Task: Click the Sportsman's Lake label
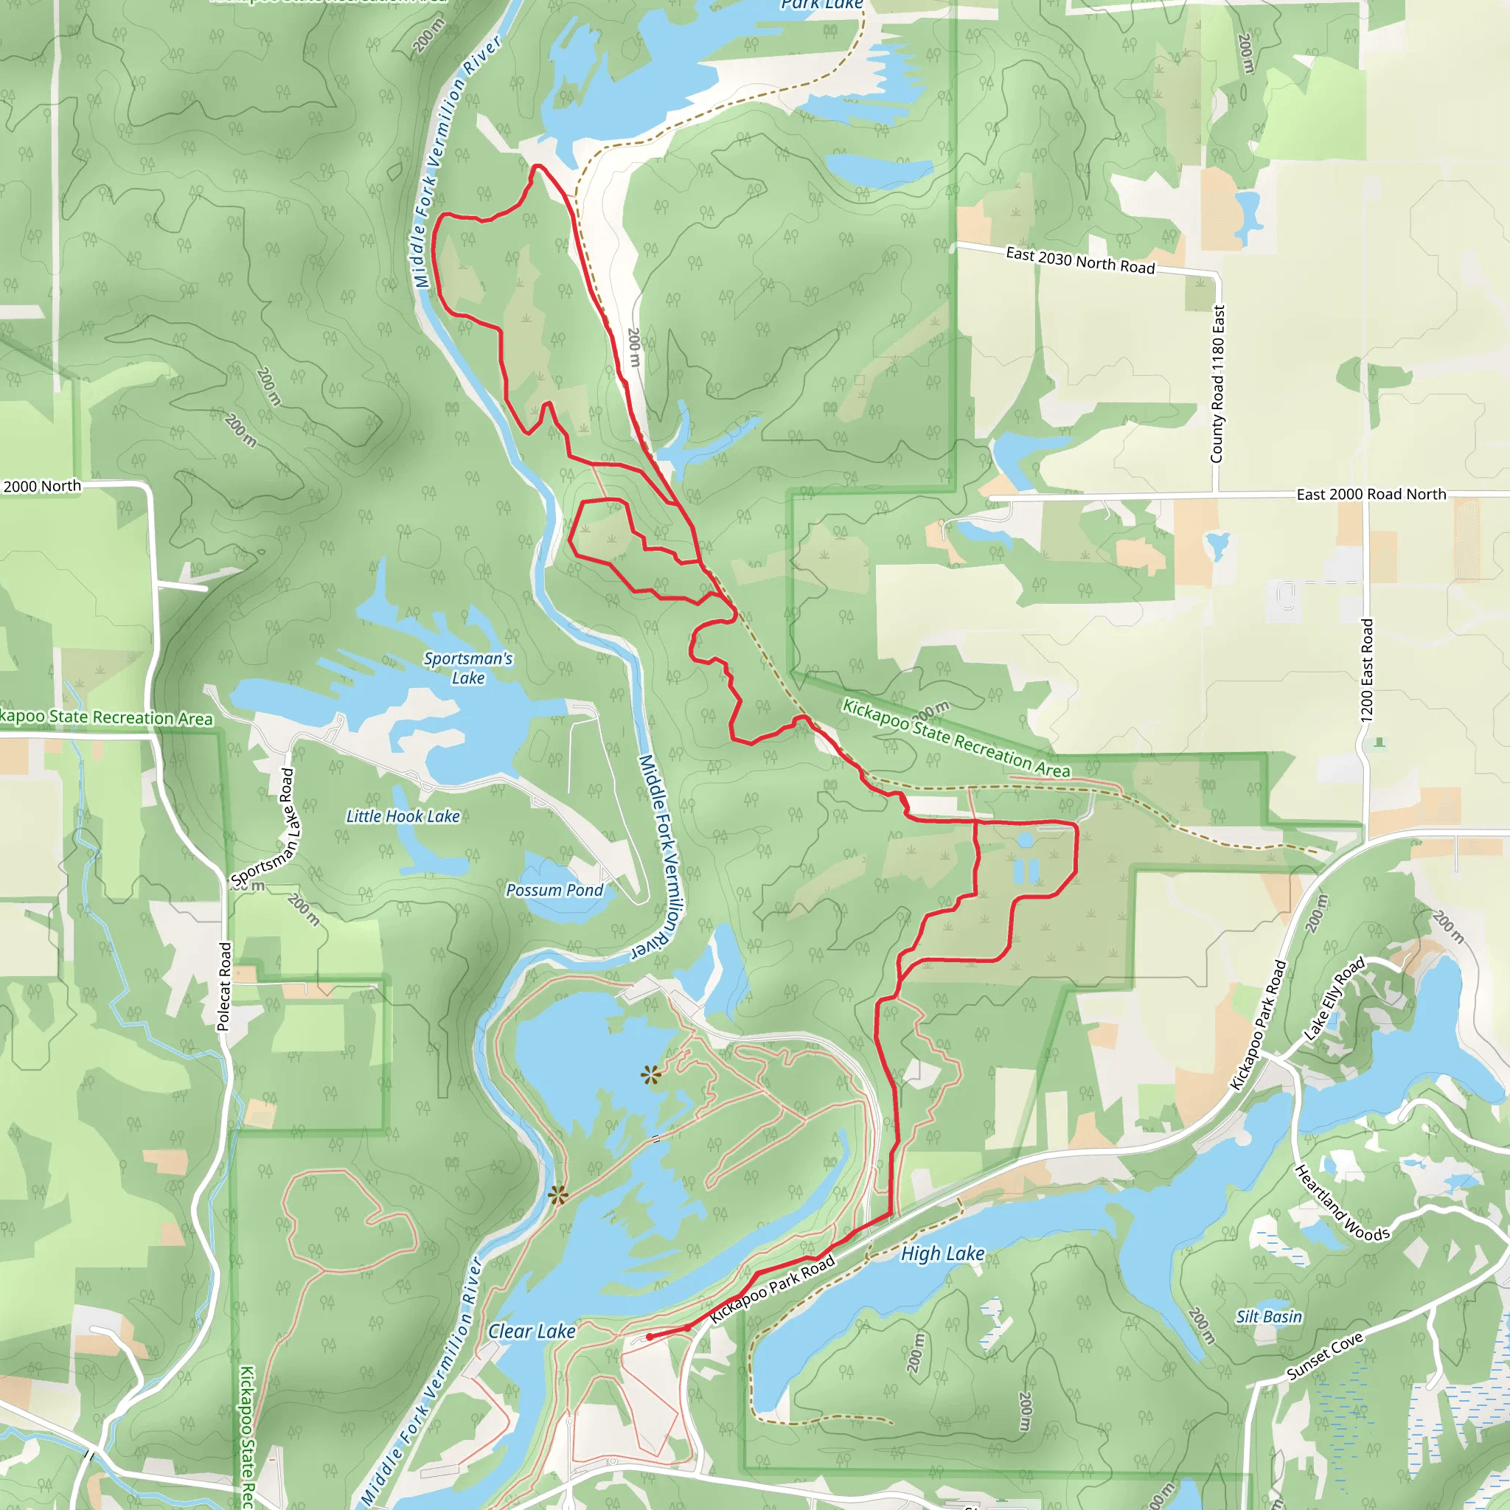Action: pyautogui.click(x=468, y=668)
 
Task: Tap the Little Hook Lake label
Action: pyautogui.click(x=403, y=816)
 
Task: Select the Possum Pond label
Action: pyautogui.click(x=554, y=890)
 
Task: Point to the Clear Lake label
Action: pyautogui.click(x=532, y=1331)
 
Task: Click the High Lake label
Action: pyautogui.click(x=942, y=1253)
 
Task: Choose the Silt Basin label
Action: pyautogui.click(x=1268, y=1317)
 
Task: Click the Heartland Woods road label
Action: pyautogui.click(x=1342, y=1203)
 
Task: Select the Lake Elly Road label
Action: pyautogui.click(x=1334, y=998)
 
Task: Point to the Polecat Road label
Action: pyautogui.click(x=225, y=987)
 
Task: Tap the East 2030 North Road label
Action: pyautogui.click(x=1080, y=260)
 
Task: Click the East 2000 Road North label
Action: pyautogui.click(x=1371, y=495)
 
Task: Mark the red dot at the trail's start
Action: pyautogui.click(x=650, y=1337)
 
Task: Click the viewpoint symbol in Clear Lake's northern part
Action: pyautogui.click(x=650, y=1076)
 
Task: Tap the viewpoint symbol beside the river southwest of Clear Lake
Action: pyautogui.click(x=557, y=1195)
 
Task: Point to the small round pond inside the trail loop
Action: pyautogui.click(x=1026, y=841)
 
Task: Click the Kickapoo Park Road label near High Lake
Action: pyautogui.click(x=772, y=1290)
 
